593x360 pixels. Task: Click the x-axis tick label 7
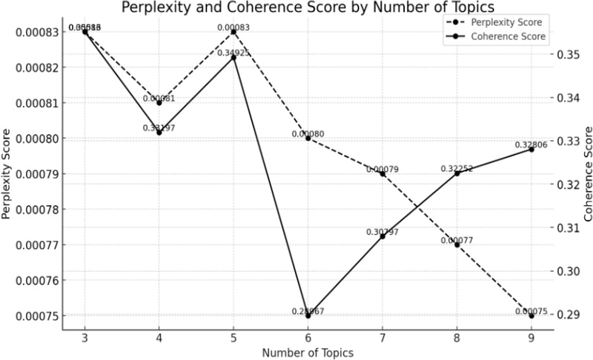382,335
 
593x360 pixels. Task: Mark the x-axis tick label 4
159,335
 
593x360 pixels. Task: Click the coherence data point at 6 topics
308,316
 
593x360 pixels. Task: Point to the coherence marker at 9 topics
531,150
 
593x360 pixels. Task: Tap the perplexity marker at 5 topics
233,32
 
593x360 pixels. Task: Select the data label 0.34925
233,53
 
